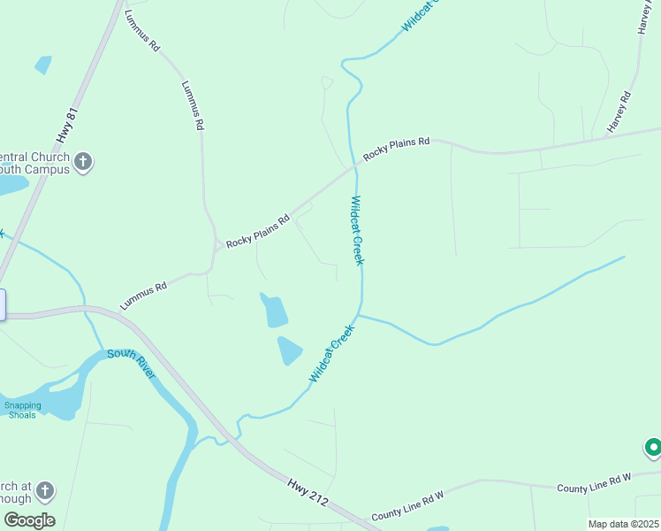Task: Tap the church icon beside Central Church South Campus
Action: pos(83,161)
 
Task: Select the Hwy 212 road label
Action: pos(307,492)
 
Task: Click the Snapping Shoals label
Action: pos(23,410)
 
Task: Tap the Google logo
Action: pos(29,519)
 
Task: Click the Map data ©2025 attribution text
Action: pos(623,524)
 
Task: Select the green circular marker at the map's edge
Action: pos(653,448)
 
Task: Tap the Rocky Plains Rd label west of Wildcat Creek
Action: pos(257,231)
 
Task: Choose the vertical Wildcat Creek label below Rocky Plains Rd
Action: pos(357,230)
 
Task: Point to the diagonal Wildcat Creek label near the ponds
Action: pos(331,353)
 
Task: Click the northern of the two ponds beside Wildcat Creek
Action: pos(275,311)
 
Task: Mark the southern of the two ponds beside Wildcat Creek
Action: pos(289,350)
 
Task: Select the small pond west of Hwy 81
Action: pos(42,65)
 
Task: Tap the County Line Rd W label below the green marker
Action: pos(594,483)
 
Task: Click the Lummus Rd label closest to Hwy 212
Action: pos(143,296)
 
